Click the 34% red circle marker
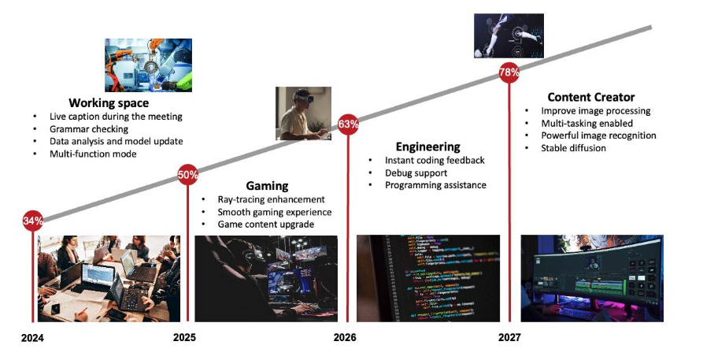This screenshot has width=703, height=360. [33, 221]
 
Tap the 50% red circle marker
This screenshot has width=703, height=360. [187, 175]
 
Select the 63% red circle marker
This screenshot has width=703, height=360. [348, 124]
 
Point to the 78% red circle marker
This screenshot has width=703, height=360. [509, 72]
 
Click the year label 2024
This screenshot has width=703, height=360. [32, 338]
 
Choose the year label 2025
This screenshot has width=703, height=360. [184, 337]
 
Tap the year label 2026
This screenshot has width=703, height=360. [345, 337]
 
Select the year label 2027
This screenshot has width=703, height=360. [509, 337]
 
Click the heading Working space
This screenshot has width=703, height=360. [109, 102]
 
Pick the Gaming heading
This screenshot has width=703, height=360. [267, 186]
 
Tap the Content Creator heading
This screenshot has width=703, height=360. [591, 97]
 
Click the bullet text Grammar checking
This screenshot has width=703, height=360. [89, 129]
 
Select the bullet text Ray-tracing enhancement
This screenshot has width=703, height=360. [272, 199]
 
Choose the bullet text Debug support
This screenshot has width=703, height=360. [416, 173]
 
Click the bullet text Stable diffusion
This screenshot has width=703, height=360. [573, 148]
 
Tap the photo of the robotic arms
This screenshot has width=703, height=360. [149, 65]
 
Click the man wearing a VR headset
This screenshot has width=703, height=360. [304, 113]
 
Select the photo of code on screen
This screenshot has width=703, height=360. [428, 278]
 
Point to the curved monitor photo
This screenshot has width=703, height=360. [592, 278]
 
